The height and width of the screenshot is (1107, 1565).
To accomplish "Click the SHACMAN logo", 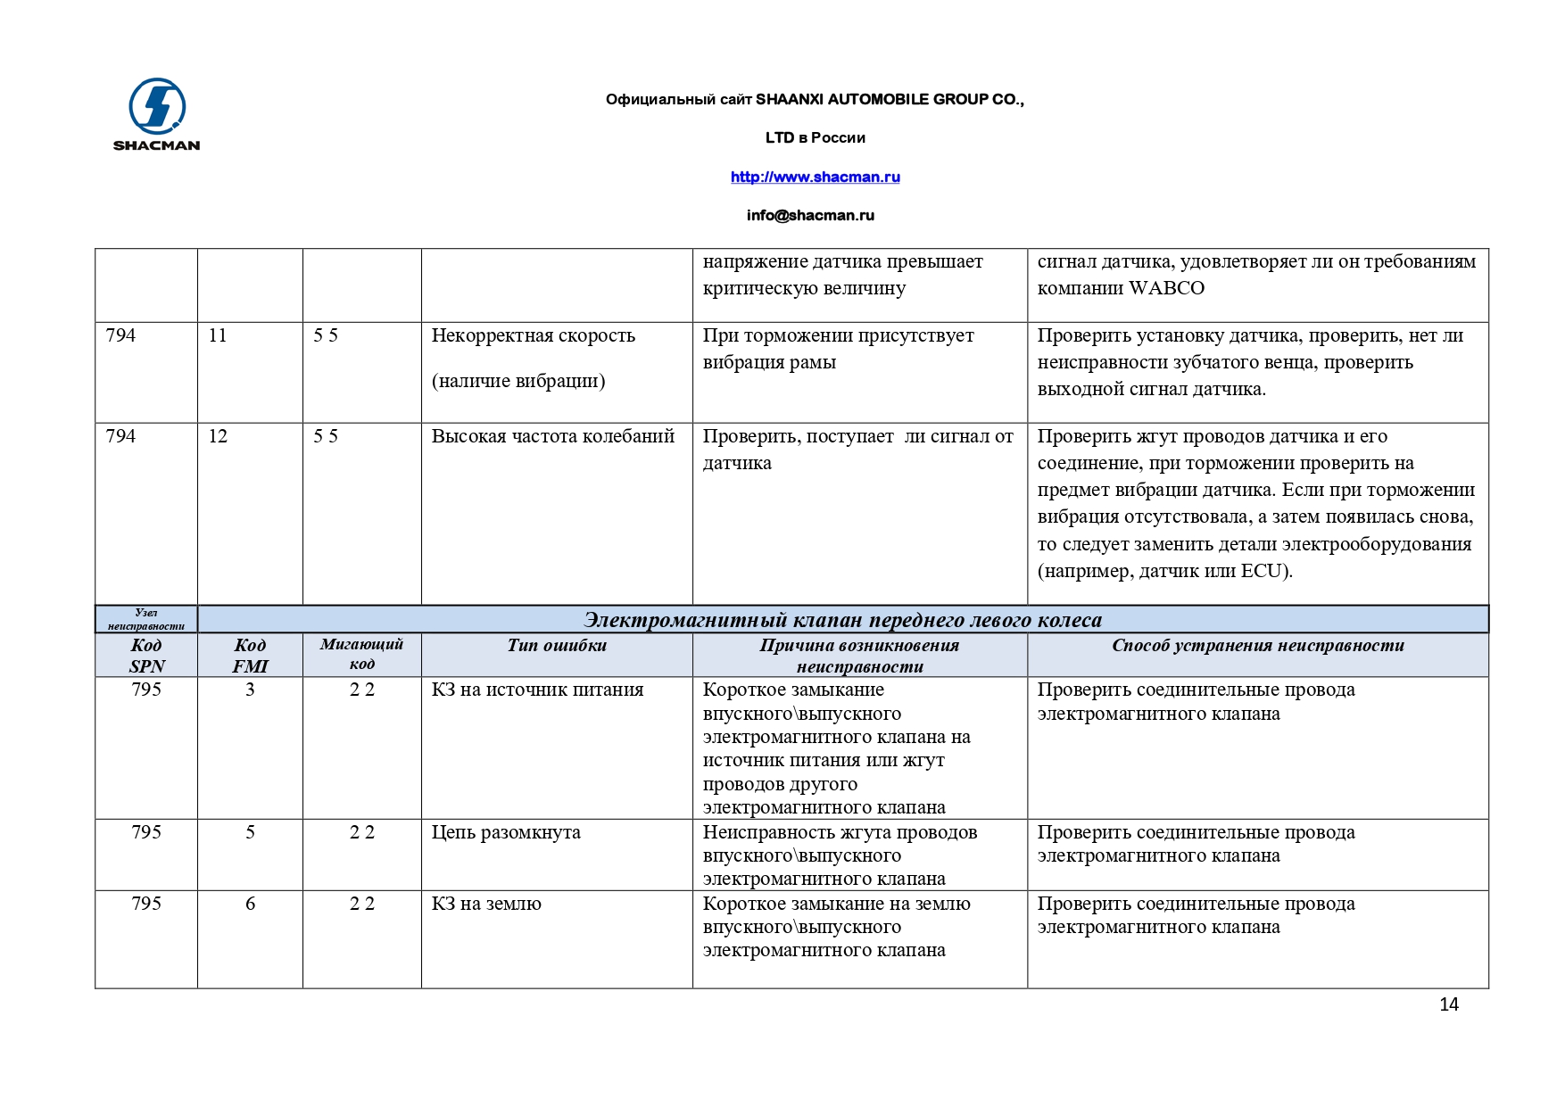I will (x=157, y=114).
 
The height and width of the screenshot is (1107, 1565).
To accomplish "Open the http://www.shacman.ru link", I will (x=815, y=177).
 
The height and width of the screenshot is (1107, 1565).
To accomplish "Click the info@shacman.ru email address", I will (x=810, y=215).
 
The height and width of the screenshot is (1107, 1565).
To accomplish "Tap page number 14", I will (x=1448, y=1004).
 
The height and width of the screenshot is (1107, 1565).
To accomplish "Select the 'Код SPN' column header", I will (x=146, y=655).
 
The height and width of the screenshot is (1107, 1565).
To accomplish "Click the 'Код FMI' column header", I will (x=250, y=655).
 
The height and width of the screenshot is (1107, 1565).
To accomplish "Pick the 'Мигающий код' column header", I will (x=361, y=653).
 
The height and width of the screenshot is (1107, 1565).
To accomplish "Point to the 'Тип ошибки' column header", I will (x=557, y=645).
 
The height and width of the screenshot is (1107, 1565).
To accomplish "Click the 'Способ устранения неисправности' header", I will (x=1257, y=645).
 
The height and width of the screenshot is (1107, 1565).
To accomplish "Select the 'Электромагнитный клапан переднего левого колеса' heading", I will (x=842, y=620).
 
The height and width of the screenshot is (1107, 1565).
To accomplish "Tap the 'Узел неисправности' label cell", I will (x=146, y=619).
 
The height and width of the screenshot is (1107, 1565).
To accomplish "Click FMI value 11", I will (x=218, y=335).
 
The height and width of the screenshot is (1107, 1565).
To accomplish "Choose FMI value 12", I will (x=218, y=436).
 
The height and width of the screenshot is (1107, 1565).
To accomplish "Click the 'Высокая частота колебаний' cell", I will (x=552, y=436).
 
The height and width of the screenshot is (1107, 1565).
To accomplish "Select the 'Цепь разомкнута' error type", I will (x=506, y=832).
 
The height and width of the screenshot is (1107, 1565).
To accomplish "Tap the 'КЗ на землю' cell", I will (x=486, y=904).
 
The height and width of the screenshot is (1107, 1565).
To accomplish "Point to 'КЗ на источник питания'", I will (x=537, y=690).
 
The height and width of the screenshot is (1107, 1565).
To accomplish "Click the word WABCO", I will (x=1166, y=288).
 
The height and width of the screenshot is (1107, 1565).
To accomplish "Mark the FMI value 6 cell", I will (x=250, y=904).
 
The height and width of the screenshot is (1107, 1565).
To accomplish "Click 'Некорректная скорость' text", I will (x=533, y=335).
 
